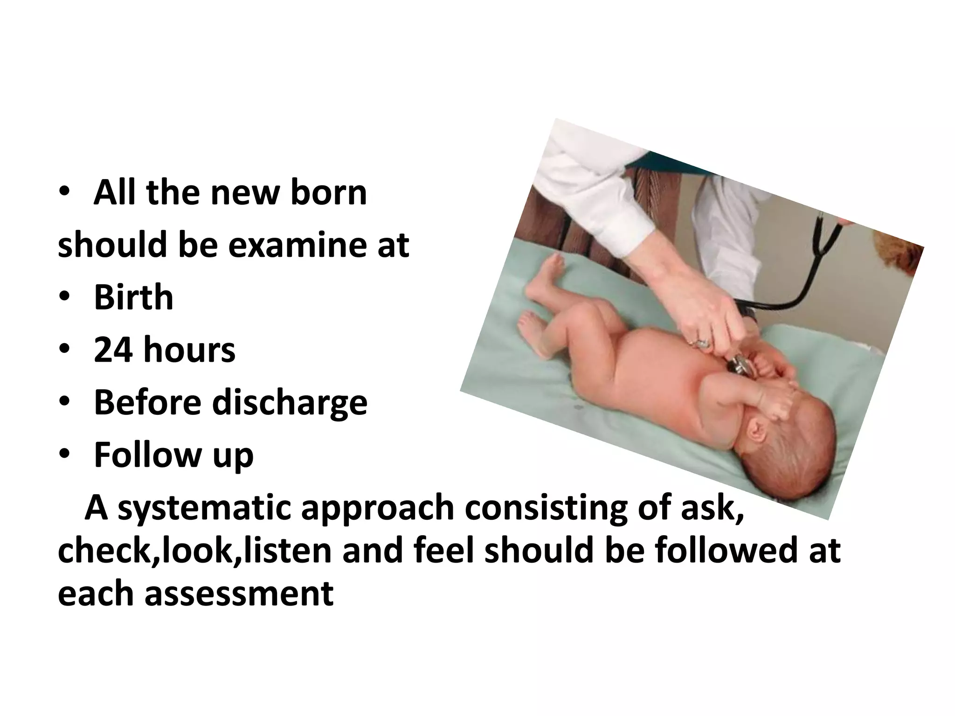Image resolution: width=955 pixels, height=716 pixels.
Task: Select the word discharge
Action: [290, 403]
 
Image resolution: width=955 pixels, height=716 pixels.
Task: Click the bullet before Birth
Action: [65, 298]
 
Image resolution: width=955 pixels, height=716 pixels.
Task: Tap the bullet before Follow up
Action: [65, 455]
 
